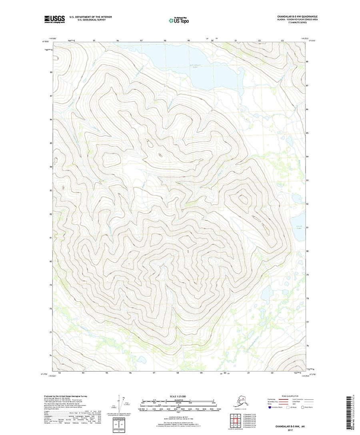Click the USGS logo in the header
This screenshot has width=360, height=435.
(x=54, y=18)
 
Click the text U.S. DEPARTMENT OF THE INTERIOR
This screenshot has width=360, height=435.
(x=90, y=17)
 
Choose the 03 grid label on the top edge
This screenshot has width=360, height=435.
(x=282, y=41)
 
